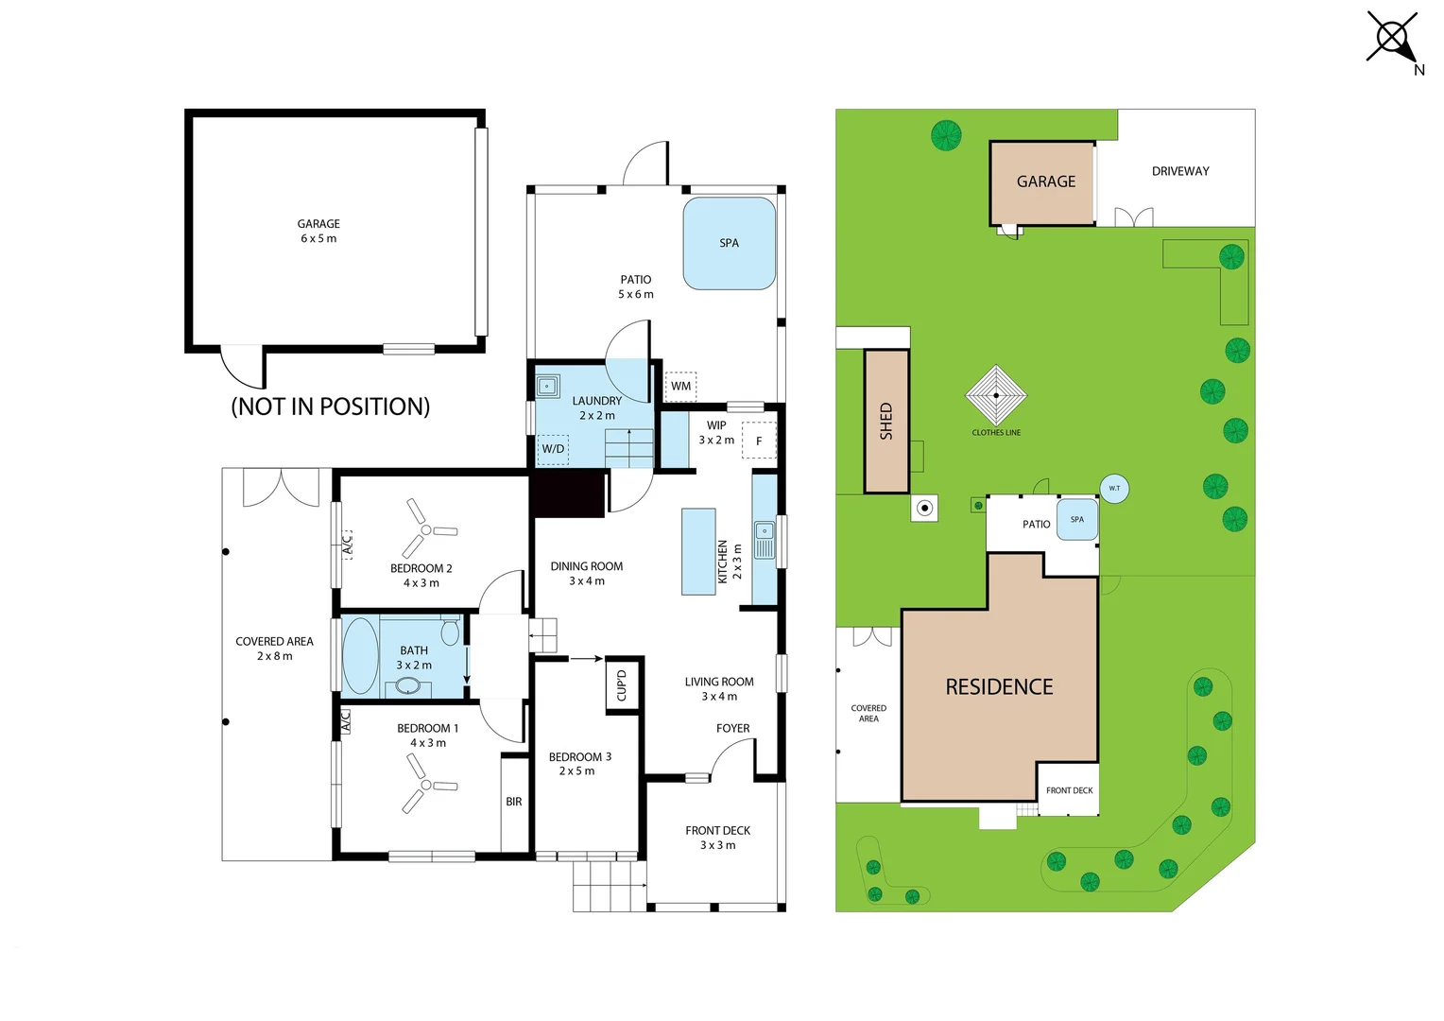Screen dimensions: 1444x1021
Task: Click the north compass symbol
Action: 1393,39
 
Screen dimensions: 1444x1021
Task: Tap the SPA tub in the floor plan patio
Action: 730,243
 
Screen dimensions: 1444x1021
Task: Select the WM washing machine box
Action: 680,387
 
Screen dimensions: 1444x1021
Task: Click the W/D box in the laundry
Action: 553,450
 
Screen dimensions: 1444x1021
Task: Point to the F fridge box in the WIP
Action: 759,441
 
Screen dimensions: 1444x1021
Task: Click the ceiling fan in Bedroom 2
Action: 426,529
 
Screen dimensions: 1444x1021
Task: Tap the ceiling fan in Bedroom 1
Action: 426,784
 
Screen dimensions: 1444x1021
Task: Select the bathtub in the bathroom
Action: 360,656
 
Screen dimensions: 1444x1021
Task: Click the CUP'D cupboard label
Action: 622,685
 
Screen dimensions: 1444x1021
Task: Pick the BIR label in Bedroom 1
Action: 514,802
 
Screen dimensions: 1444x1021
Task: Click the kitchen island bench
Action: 698,551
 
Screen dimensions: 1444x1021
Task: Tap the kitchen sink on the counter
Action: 765,539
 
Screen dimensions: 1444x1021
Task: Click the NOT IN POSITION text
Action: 331,407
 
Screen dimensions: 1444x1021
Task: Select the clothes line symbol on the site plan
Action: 996,395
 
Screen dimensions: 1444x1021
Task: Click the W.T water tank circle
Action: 1114,488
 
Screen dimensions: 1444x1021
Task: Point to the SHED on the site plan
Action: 886,422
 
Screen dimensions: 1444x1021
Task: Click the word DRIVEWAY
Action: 1180,171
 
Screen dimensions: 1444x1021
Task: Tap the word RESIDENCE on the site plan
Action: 999,687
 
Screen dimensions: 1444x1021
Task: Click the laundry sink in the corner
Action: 547,387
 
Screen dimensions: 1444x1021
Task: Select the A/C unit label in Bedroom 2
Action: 347,545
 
